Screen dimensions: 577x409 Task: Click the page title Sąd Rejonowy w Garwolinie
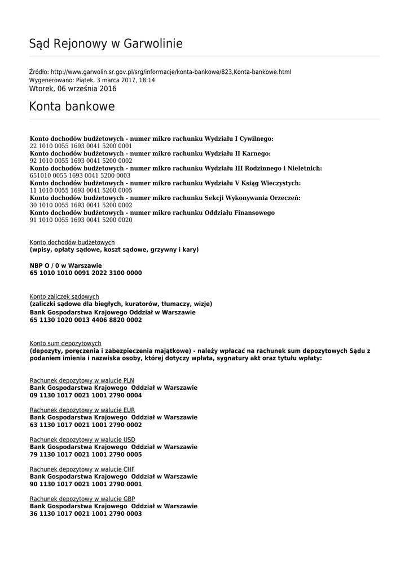click(x=106, y=44)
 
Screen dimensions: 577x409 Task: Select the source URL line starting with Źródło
click(x=160, y=72)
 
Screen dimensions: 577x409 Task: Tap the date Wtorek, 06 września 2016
click(x=73, y=89)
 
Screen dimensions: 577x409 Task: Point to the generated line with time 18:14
click(x=92, y=81)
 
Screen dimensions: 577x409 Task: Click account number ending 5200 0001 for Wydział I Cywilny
click(x=81, y=146)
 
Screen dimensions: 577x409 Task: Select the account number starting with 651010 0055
click(x=80, y=175)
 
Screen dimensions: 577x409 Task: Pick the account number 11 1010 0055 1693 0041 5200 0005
click(x=81, y=190)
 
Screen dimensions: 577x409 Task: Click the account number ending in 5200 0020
click(x=81, y=220)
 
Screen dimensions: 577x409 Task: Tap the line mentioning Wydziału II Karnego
click(x=150, y=153)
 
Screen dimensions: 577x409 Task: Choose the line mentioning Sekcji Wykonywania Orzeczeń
click(x=165, y=198)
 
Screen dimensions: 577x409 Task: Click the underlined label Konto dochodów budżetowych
click(x=72, y=242)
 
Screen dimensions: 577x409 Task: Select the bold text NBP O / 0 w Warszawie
click(x=66, y=265)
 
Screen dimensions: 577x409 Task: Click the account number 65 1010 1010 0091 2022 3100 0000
click(x=86, y=273)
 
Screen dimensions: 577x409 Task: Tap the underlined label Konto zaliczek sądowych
click(x=64, y=296)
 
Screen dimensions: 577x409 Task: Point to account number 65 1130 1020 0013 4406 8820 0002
click(x=86, y=320)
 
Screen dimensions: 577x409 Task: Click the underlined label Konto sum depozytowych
click(x=65, y=343)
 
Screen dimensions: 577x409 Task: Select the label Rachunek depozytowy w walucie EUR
click(x=82, y=410)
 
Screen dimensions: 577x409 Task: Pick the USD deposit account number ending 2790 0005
click(x=86, y=455)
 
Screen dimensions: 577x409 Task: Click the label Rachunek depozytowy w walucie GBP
click(x=82, y=499)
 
